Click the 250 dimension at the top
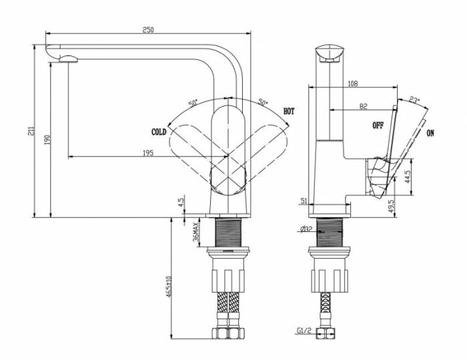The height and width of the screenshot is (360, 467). pyautogui.click(x=148, y=30)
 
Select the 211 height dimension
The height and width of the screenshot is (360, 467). pyautogui.click(x=31, y=131)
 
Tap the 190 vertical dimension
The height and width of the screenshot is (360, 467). pyautogui.click(x=47, y=139)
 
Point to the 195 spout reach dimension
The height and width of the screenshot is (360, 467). pyautogui.click(x=148, y=153)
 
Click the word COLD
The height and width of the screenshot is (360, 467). pyautogui.click(x=159, y=132)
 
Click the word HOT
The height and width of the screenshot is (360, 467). pyautogui.click(x=289, y=111)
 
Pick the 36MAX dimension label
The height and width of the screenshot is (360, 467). pyautogui.click(x=196, y=231)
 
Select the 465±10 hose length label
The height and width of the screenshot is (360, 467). pyautogui.click(x=169, y=287)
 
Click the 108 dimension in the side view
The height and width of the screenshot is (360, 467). pyautogui.click(x=353, y=83)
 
